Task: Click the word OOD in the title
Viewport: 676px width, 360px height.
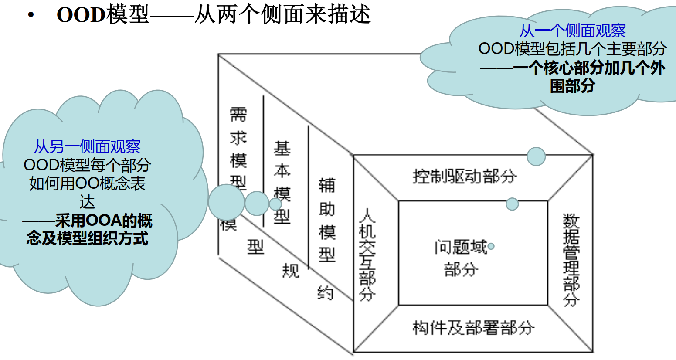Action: point(81,15)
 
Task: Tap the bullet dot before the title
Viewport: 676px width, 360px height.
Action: point(30,15)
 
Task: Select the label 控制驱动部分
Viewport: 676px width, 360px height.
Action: point(465,177)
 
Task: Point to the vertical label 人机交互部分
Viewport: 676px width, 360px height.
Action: point(367,255)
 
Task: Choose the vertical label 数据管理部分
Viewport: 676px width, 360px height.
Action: point(571,260)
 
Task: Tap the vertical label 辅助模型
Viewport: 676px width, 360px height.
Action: point(327,220)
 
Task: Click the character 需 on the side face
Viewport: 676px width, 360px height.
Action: point(238,115)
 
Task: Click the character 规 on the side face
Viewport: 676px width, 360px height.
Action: point(291,270)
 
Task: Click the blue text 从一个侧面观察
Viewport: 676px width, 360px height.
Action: point(572,31)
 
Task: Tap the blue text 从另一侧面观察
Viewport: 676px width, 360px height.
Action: point(87,147)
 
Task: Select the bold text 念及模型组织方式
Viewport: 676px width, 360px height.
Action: point(87,238)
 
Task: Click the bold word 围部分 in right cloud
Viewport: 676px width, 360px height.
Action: point(572,86)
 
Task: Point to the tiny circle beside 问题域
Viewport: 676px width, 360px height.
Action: point(491,246)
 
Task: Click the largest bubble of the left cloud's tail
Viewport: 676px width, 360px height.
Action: point(226,202)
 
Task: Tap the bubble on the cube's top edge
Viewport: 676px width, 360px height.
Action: point(536,156)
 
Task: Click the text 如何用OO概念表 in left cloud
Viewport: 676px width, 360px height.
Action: point(87,183)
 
